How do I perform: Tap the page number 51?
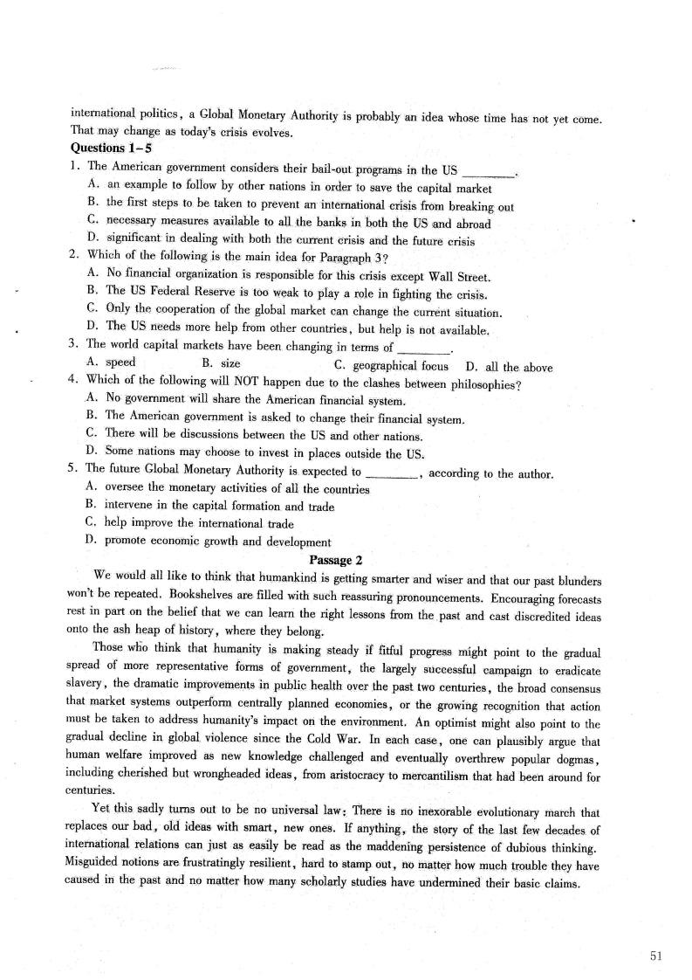click(x=656, y=956)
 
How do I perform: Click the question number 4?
click(x=72, y=383)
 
